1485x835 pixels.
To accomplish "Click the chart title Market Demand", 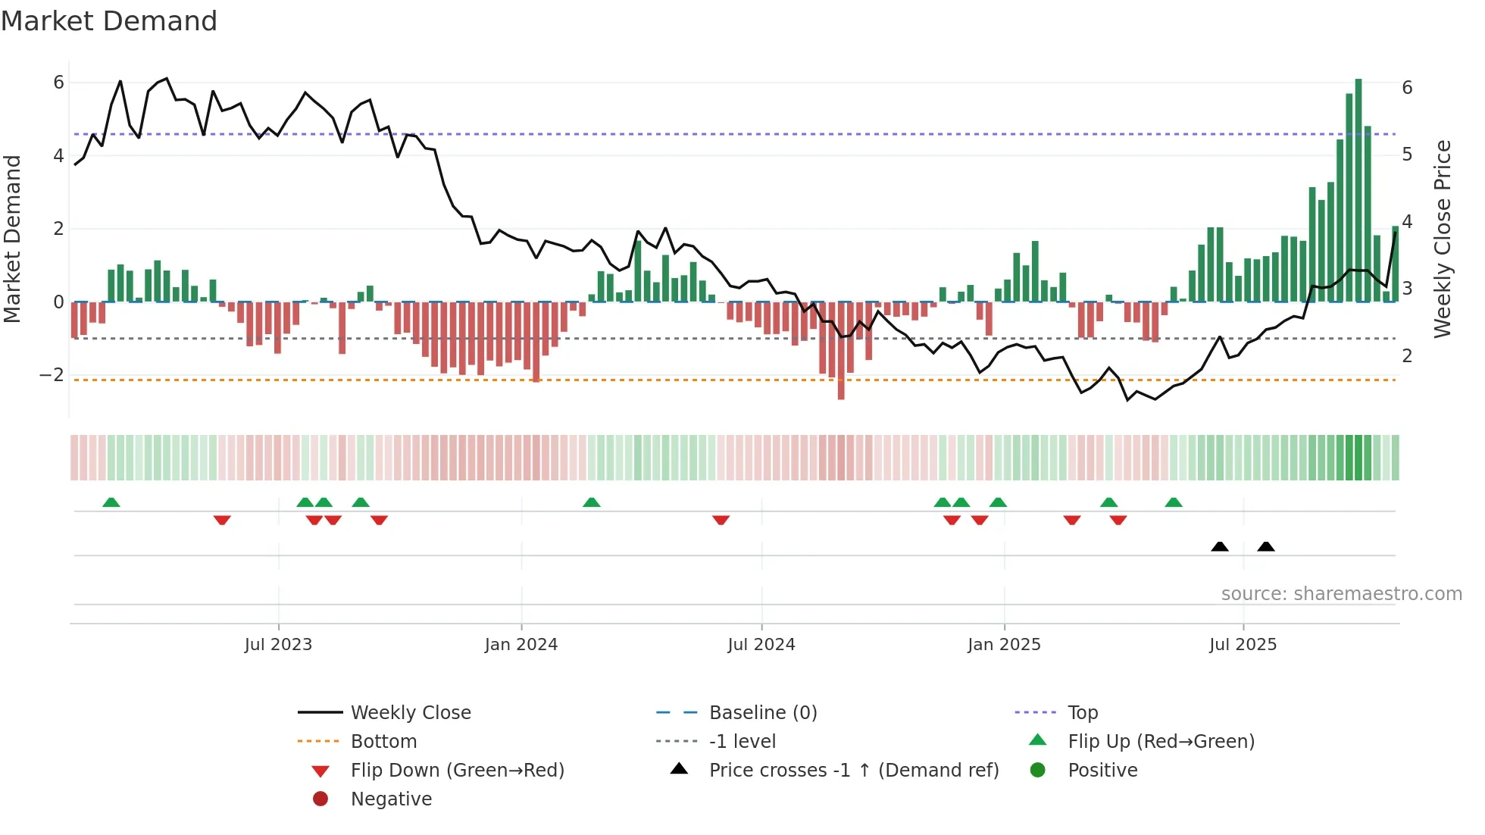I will tap(109, 20).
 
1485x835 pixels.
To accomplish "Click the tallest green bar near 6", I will tap(1358, 189).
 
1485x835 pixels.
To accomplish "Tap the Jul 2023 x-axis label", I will tap(278, 645).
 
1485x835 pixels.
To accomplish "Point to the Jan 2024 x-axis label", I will tap(521, 645).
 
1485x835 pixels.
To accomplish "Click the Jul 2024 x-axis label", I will tap(761, 645).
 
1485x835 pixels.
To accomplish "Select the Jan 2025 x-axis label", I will tap(1004, 645).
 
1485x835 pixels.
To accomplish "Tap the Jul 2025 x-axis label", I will tap(1243, 645).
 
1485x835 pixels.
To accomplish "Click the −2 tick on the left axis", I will tap(52, 375).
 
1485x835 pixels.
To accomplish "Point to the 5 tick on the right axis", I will tap(1407, 155).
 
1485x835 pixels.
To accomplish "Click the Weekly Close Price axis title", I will tap(1443, 239).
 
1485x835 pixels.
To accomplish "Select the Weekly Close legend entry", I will tap(410, 713).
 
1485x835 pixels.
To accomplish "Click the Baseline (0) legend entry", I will tap(762, 713).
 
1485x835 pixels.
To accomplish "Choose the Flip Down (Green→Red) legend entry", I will tap(457, 771).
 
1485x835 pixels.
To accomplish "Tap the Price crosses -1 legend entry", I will tap(853, 771).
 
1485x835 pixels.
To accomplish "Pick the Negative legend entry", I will tap(391, 799).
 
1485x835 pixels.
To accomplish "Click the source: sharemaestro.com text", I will tap(1341, 594).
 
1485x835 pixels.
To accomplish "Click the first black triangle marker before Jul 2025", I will tap(1220, 546).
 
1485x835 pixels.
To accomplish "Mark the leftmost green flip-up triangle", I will tap(111, 502).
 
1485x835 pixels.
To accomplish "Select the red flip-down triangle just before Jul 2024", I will tap(721, 520).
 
